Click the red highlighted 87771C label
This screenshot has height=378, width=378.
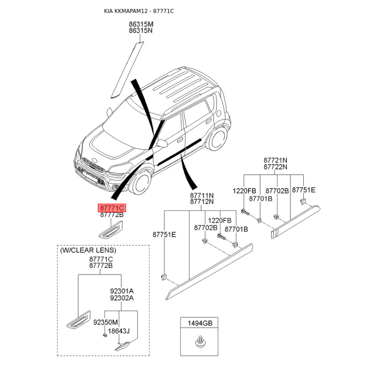pyautogui.click(x=112, y=208)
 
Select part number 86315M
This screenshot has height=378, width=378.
pyautogui.click(x=141, y=24)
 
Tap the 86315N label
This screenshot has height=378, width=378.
pyautogui.click(x=141, y=31)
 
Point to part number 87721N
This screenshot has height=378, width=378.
pyautogui.click(x=276, y=161)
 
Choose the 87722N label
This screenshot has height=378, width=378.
pyautogui.click(x=276, y=167)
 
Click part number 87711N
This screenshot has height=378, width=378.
pyautogui.click(x=202, y=195)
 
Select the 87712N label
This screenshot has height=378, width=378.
pyautogui.click(x=202, y=202)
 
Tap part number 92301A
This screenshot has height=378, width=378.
pyautogui.click(x=121, y=291)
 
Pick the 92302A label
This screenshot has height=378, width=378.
pyautogui.click(x=121, y=298)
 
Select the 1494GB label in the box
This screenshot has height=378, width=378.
pyautogui.click(x=200, y=323)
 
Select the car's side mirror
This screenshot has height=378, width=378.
pyautogui.click(x=162, y=143)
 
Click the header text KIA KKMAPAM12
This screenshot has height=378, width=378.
pyautogui.click(x=125, y=10)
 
